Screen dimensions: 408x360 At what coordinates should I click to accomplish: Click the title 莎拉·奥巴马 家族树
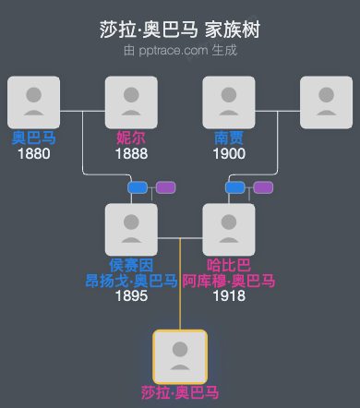(x=180, y=30)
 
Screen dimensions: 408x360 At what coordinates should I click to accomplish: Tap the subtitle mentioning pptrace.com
(x=180, y=50)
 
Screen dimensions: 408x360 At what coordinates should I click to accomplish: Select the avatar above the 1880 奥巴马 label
(x=33, y=102)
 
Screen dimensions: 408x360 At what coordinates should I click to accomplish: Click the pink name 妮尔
(x=131, y=138)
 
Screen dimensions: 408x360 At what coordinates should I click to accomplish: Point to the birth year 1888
(x=131, y=153)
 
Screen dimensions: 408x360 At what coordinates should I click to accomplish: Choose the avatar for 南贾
(x=229, y=102)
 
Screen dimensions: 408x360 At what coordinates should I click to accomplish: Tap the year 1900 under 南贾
(x=229, y=153)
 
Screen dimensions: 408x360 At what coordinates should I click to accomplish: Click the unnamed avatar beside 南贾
(x=327, y=102)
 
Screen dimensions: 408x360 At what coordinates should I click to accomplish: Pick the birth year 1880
(x=33, y=153)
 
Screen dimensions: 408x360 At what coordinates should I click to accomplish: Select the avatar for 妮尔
(x=131, y=102)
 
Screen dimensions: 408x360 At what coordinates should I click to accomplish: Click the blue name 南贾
(x=229, y=138)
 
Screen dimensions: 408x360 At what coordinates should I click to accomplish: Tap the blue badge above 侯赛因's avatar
(x=138, y=187)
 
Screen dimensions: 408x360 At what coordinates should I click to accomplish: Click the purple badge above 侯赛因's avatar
(x=165, y=187)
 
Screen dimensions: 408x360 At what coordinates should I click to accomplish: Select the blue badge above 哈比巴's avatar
(x=235, y=187)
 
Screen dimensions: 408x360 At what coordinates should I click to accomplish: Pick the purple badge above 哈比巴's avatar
(x=263, y=187)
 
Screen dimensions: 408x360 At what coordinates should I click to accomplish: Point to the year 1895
(x=131, y=296)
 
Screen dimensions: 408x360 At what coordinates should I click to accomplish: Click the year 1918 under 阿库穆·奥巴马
(x=229, y=296)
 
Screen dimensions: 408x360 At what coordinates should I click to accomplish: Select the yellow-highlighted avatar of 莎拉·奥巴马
(x=180, y=355)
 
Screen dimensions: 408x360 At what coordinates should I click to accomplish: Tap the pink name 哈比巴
(x=229, y=265)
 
